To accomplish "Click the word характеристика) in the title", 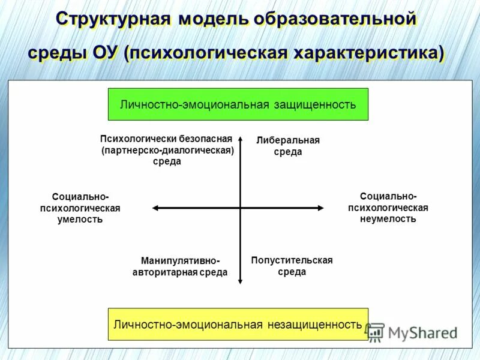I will (368, 52).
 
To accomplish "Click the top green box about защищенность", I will (238, 104).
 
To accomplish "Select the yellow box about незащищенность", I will (238, 325).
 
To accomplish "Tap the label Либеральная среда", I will (288, 146).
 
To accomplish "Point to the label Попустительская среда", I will (292, 266).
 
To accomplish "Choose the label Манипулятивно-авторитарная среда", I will (180, 266).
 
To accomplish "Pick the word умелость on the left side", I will (80, 219).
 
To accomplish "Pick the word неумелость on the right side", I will (388, 219).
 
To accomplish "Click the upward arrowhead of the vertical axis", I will (240, 139).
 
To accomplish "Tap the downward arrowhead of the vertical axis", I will (240, 280).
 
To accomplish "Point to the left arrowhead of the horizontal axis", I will (155, 208).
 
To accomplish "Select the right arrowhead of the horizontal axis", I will (321, 208).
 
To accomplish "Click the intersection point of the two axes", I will (240, 208).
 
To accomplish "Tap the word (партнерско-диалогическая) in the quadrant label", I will (167, 150).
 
